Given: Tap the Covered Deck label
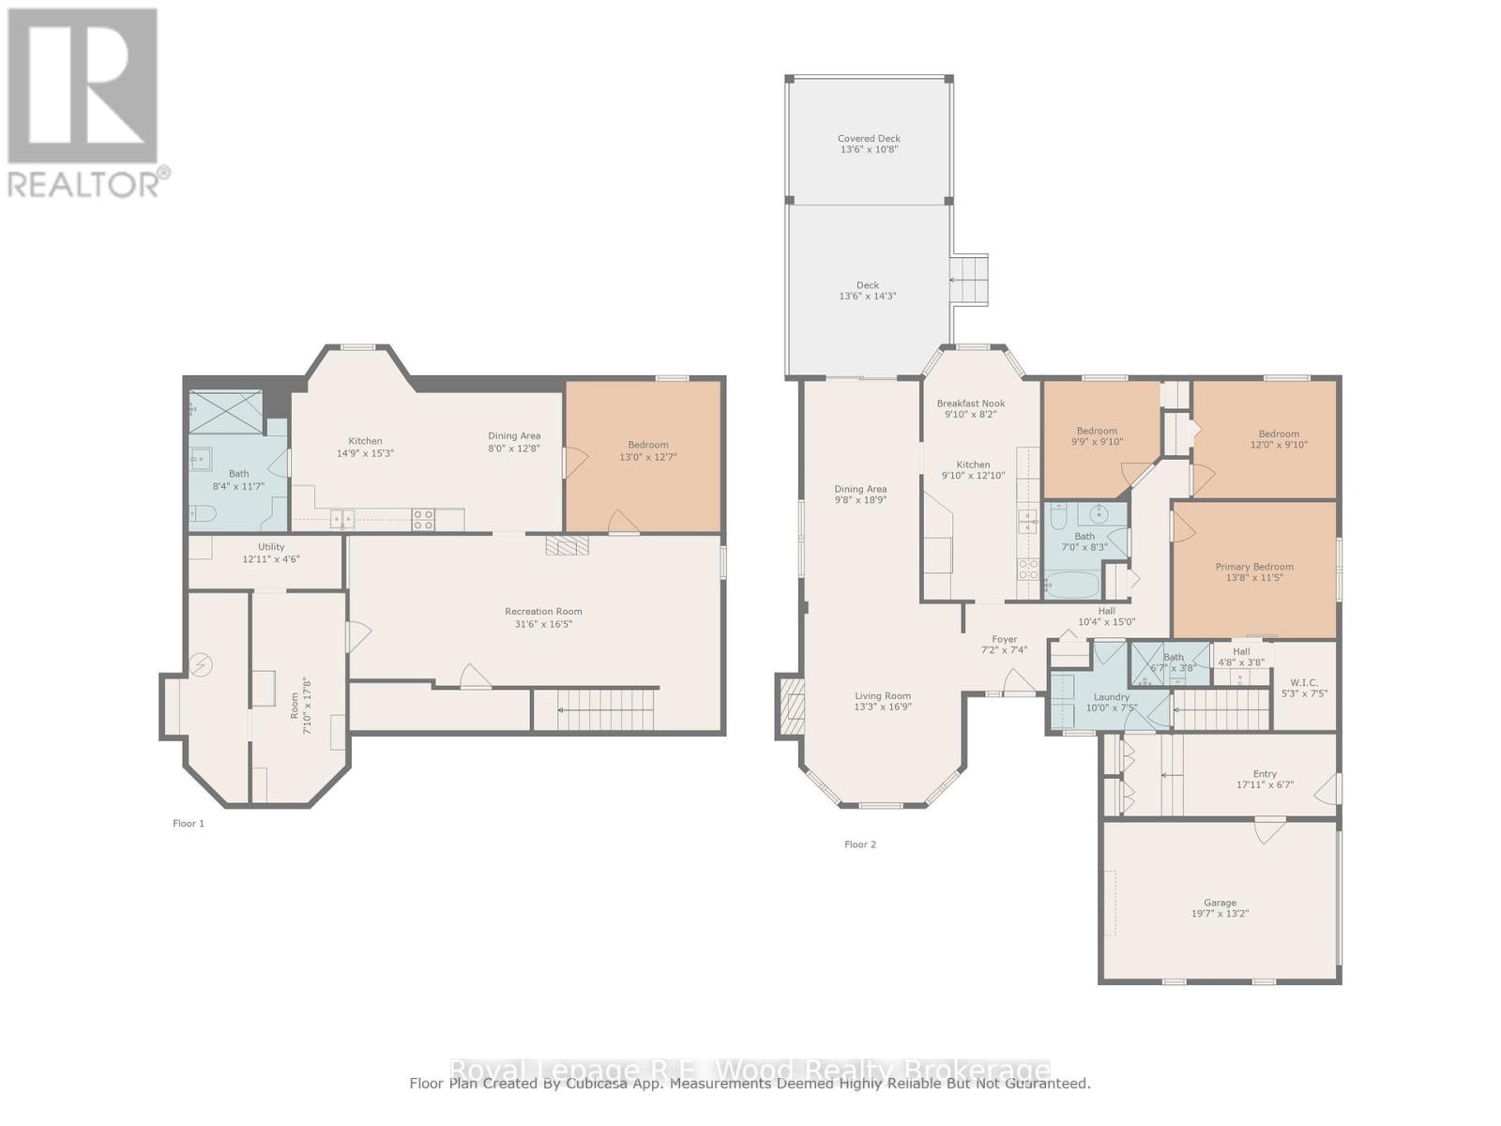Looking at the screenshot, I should pyautogui.click(x=869, y=138).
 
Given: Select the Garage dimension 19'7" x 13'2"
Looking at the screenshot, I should pyautogui.click(x=1220, y=913).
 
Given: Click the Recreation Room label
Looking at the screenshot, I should pyautogui.click(x=542, y=612).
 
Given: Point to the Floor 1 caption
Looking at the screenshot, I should pyautogui.click(x=188, y=823).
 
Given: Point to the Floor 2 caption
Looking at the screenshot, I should pyautogui.click(x=859, y=844).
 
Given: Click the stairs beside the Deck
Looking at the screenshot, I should pyautogui.click(x=969, y=279).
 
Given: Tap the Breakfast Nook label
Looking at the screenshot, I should pyautogui.click(x=970, y=403).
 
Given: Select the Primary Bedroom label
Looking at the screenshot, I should pyautogui.click(x=1253, y=567).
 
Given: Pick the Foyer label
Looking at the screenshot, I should pyautogui.click(x=1004, y=639).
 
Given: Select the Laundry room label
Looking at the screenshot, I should pyautogui.click(x=1112, y=697).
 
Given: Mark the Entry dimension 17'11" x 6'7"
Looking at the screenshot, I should pyautogui.click(x=1265, y=784).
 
